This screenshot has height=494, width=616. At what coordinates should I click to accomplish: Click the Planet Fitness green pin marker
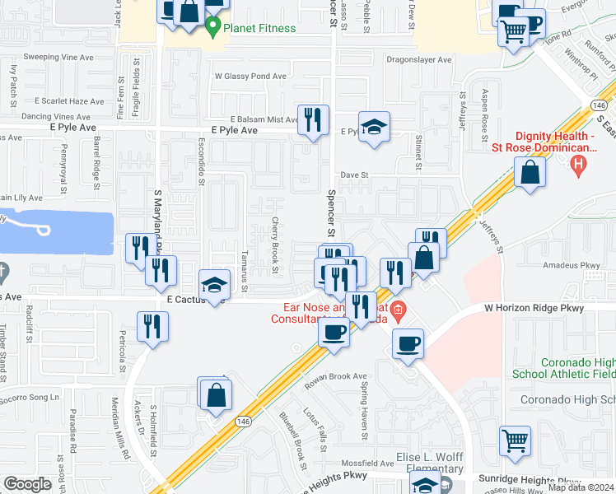(x=213, y=27)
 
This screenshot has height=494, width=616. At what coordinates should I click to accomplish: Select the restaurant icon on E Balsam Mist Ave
(x=312, y=119)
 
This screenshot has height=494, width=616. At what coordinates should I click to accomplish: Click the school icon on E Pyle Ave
(x=374, y=127)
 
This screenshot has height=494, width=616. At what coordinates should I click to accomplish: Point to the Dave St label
(x=352, y=175)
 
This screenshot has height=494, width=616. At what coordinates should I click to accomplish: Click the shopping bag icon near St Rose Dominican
(x=530, y=172)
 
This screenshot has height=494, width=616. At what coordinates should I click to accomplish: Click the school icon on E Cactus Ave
(x=213, y=285)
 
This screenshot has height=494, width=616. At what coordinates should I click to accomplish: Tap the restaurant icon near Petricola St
(x=153, y=325)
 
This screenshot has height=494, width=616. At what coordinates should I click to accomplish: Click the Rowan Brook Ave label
(x=335, y=376)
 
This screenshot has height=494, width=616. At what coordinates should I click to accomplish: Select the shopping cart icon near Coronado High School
(x=515, y=440)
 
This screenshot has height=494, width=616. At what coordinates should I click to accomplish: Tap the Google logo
(x=27, y=484)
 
